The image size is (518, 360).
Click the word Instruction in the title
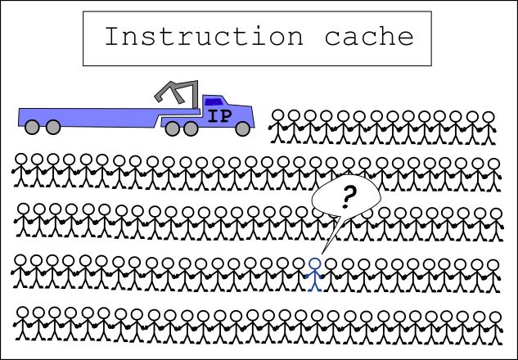[204, 36]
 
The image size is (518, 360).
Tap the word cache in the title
[369, 36]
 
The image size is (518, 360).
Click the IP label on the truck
[219, 116]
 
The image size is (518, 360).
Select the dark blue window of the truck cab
[213, 101]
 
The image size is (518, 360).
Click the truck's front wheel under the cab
[243, 128]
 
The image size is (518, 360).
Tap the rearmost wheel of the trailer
[32, 127]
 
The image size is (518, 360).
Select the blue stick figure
[314, 275]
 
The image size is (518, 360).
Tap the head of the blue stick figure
[314, 264]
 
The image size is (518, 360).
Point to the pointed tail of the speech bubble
[322, 253]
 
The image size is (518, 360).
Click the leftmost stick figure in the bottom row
[23, 323]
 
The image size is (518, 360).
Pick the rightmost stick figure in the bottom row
[495, 328]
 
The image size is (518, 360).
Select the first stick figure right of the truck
[278, 127]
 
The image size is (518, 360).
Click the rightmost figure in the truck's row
[489, 128]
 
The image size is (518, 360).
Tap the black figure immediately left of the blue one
[299, 274]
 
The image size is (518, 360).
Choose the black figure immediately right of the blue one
[331, 275]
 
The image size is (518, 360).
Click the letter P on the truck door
[226, 116]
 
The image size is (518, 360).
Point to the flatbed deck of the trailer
[92, 117]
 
